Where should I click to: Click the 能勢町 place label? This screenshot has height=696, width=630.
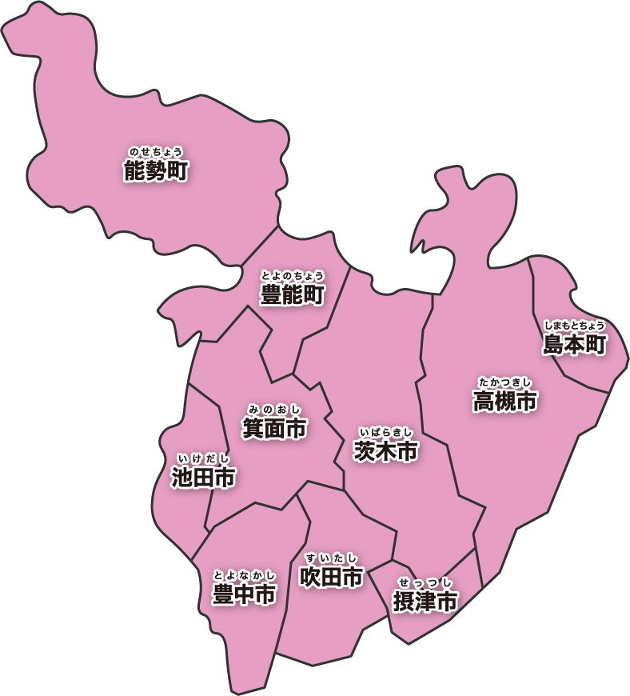[x=156, y=170]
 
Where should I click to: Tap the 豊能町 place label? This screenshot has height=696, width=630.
[x=293, y=295]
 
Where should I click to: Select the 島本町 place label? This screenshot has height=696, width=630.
[x=575, y=345]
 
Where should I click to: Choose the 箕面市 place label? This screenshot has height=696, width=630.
[x=275, y=430]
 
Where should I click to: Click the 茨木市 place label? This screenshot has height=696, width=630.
[x=386, y=451]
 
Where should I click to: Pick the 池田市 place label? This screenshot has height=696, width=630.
[x=203, y=478]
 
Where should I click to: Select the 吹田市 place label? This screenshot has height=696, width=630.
[x=331, y=577]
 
